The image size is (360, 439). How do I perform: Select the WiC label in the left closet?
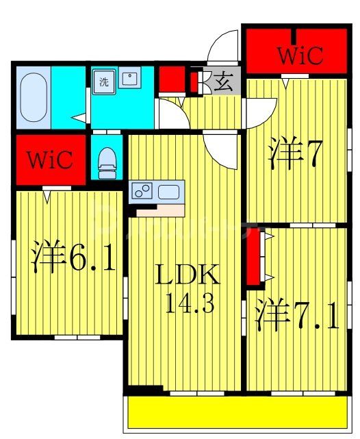pyautogui.click(x=49, y=160)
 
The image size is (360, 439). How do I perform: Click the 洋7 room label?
pyautogui.click(x=295, y=155)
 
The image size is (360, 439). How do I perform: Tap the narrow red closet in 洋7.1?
pyautogui.click(x=253, y=258)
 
